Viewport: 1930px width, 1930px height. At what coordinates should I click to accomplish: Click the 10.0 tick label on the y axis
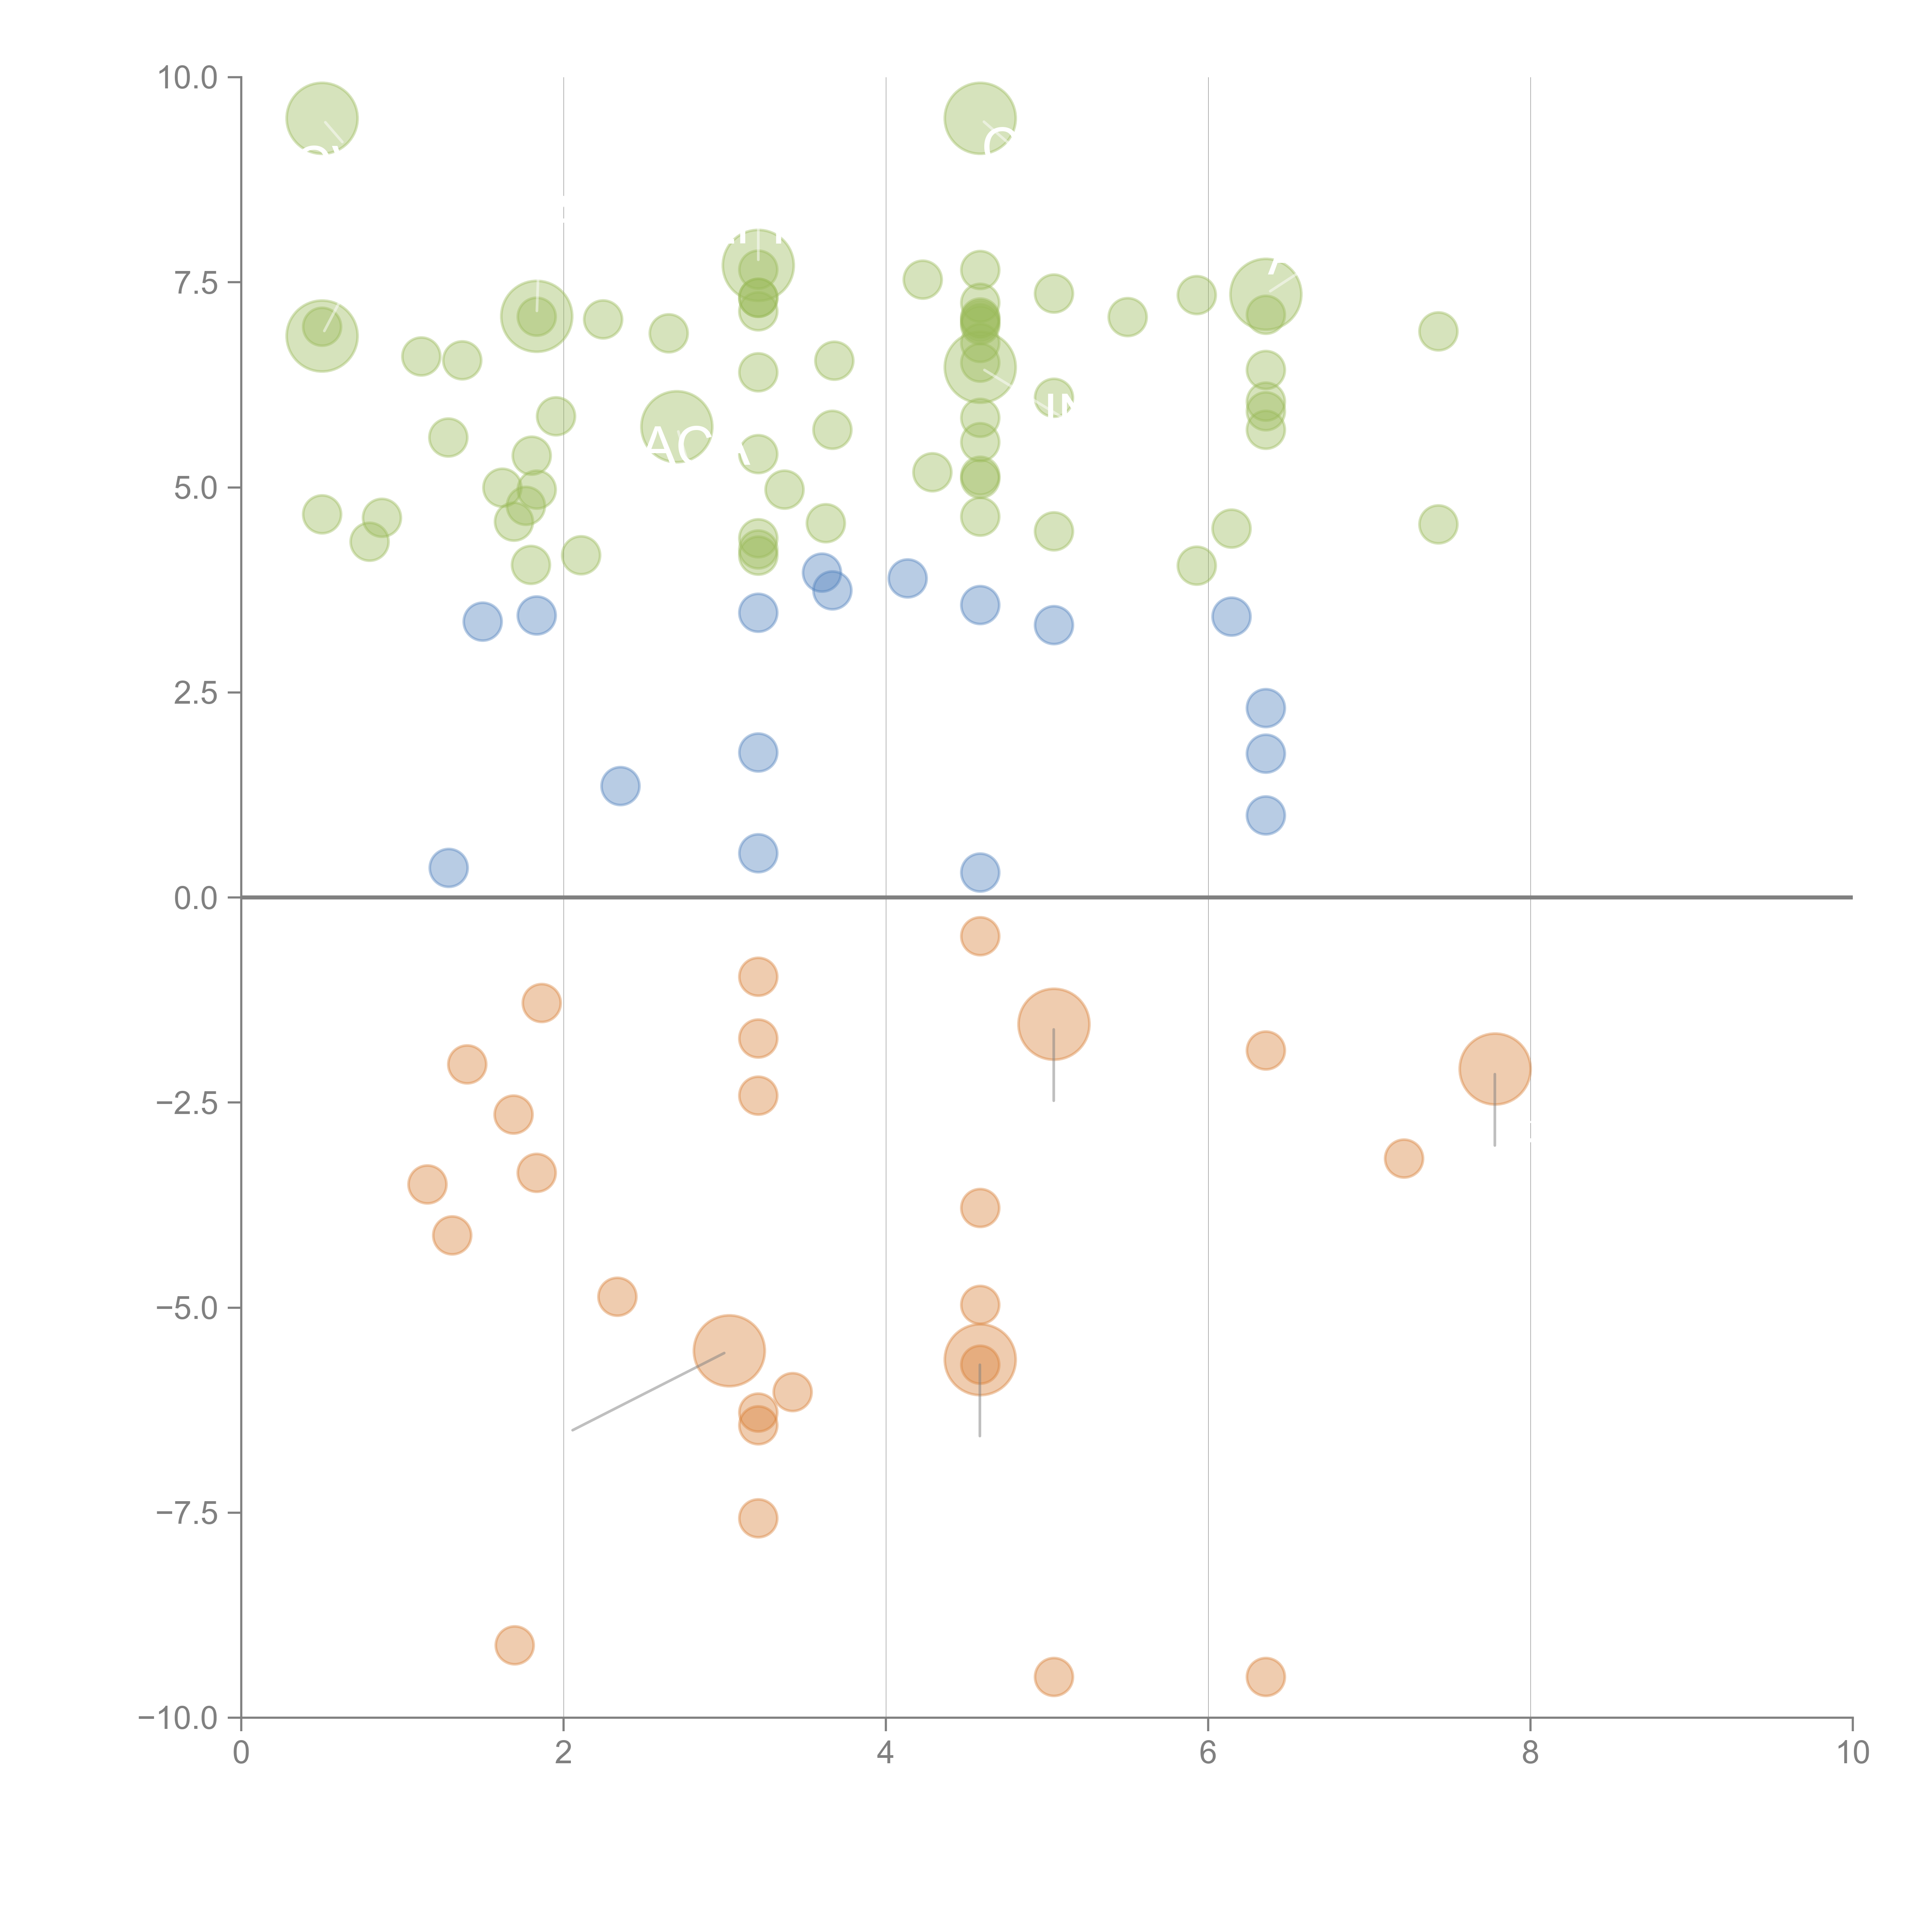pyautogui.click(x=188, y=78)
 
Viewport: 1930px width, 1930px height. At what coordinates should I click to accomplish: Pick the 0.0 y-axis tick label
pyautogui.click(x=196, y=898)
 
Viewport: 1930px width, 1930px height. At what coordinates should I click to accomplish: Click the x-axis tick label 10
pyautogui.click(x=1852, y=1753)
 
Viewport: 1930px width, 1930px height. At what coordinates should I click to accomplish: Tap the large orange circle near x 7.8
pyautogui.click(x=1495, y=1069)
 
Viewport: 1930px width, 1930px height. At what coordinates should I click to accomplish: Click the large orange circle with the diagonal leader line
pyautogui.click(x=729, y=1352)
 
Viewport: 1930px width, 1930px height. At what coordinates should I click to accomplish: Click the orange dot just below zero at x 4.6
pyautogui.click(x=980, y=936)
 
